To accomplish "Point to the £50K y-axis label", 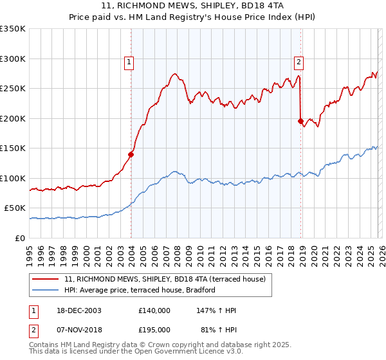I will pos(15,208).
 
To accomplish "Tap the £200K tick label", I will pos(13,118).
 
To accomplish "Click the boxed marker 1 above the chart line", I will pos(129,62).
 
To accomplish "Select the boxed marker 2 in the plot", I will pos(299,62).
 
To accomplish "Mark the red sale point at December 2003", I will pos(131,154).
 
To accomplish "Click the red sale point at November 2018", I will pos(300,121).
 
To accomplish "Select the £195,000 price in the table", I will pos(154,329).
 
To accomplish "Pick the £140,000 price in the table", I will pos(154,310).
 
